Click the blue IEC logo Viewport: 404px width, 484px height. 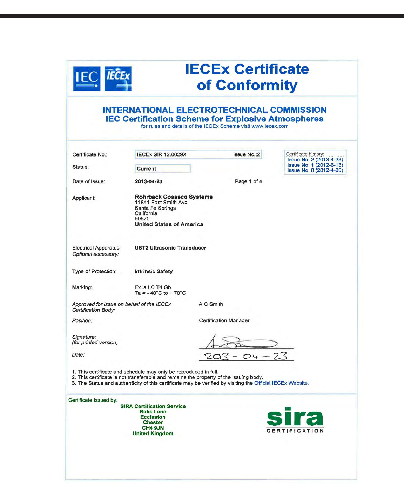point(87,79)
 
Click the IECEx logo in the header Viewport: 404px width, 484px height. point(118,79)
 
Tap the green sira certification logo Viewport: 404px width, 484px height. point(295,420)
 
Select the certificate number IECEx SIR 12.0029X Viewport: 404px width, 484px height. point(162,154)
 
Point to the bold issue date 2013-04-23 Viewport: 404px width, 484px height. point(148,181)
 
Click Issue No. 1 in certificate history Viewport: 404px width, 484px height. point(315,165)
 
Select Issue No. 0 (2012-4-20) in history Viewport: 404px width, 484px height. point(315,170)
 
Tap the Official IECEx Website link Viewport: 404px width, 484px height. point(281,383)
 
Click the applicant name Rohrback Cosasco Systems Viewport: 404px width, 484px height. point(174,197)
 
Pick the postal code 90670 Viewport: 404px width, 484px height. point(142,219)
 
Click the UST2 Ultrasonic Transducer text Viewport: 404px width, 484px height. point(170,248)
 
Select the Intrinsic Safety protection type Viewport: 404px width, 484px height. point(154,271)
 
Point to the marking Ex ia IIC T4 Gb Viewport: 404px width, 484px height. point(153,287)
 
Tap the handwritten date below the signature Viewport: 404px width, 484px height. point(245,356)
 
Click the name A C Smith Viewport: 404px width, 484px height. point(211,304)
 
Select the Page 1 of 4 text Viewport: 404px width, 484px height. point(248,181)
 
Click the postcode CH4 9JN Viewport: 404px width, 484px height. point(153,428)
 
